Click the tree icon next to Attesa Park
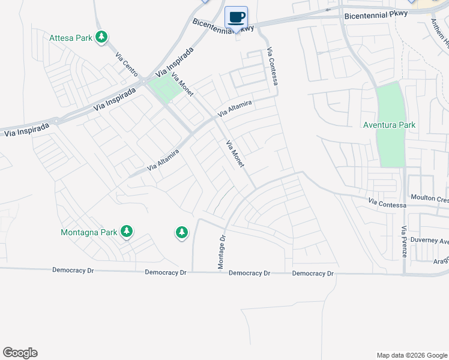pos(102,38)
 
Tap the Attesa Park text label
pos(71,38)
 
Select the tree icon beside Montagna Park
pos(126,232)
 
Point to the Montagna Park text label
pos(89,232)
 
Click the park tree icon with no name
pos(182,232)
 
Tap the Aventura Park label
pos(390,125)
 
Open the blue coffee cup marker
pos(237,17)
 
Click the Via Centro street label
pos(126,64)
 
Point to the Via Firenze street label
pos(404,241)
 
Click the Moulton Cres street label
pos(429,198)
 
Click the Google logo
pos(20,353)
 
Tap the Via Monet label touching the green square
pos(182,85)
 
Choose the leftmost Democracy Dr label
pos(73,271)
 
